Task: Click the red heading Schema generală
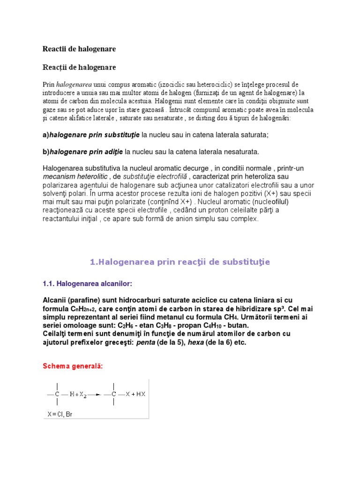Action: tap(73, 366)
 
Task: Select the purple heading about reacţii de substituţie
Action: tap(180, 262)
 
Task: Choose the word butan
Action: tap(238, 325)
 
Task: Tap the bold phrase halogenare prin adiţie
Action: tap(86, 151)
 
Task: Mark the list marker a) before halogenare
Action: tap(45, 135)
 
